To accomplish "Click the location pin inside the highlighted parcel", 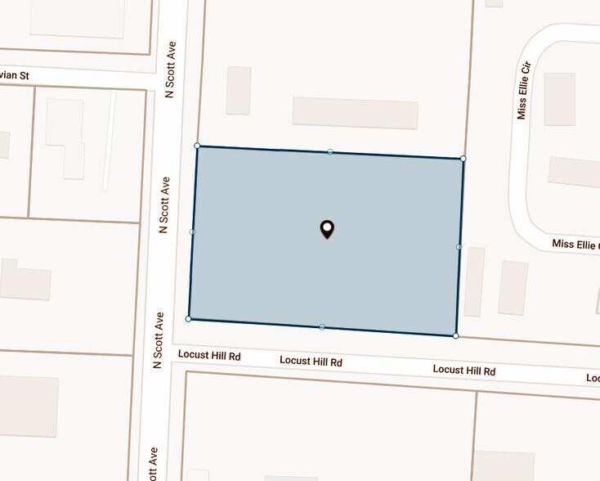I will [327, 229].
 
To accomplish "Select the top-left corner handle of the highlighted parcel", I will [197, 146].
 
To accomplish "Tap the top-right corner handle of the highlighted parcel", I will [463, 158].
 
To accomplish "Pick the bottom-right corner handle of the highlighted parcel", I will [455, 335].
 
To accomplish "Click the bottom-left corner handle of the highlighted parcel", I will [189, 318].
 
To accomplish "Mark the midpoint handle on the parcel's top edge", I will [330, 151].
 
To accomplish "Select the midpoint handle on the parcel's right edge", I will [459, 246].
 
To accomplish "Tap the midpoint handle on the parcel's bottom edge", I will [322, 327].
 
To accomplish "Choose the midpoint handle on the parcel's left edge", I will [193, 232].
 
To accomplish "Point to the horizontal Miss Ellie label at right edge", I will [575, 244].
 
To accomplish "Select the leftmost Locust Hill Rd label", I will [209, 356].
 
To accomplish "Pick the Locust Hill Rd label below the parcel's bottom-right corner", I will [464, 371].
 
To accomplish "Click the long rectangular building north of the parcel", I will [355, 113].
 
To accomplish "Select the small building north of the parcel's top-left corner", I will [239, 90].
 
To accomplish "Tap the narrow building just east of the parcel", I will [474, 281].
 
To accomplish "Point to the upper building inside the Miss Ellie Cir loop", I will [560, 99].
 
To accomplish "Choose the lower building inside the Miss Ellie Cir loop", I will [574, 171].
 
